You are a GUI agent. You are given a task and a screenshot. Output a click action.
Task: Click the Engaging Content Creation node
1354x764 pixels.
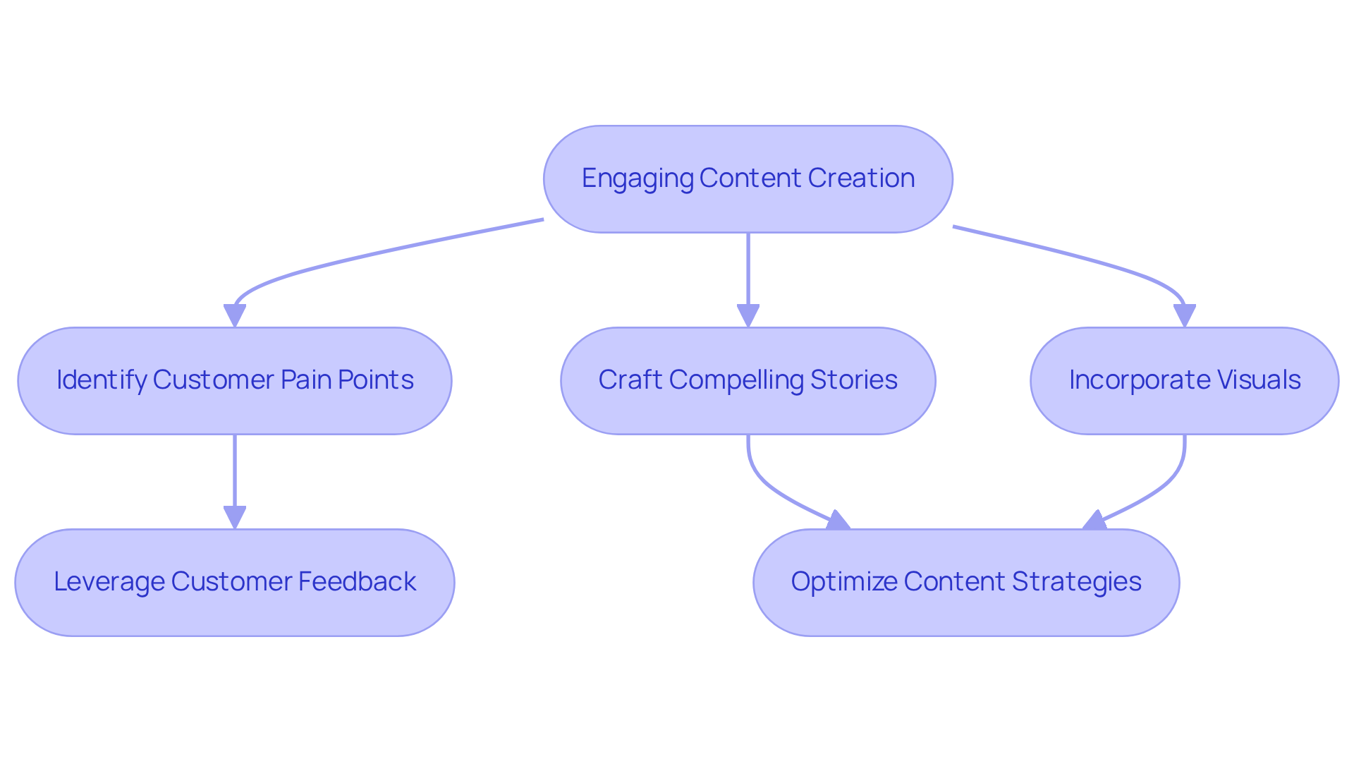point(748,179)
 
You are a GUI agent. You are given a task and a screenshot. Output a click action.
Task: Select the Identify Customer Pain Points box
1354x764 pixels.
point(234,380)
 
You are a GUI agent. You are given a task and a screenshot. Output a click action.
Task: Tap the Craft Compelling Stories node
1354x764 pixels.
point(748,380)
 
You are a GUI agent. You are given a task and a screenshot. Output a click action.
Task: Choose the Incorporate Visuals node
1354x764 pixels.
point(1184,380)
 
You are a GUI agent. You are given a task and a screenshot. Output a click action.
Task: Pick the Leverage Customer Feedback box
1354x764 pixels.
point(234,582)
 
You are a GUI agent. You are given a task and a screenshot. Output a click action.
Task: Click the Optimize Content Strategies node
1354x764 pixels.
point(966,582)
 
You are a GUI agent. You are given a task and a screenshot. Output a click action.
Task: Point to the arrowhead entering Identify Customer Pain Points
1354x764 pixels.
point(234,315)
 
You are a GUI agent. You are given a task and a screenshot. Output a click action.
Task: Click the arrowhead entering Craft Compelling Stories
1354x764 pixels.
point(748,315)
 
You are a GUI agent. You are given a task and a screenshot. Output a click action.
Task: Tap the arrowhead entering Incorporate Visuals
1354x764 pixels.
point(1184,315)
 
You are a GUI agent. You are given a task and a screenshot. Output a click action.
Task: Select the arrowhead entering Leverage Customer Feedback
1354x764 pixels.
point(234,517)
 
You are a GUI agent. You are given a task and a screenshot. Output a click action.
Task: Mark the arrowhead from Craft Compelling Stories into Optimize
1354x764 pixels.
point(838,521)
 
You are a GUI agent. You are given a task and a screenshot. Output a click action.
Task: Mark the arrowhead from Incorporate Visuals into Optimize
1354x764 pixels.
point(1094,521)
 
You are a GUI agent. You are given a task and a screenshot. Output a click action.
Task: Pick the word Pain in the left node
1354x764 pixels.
point(306,380)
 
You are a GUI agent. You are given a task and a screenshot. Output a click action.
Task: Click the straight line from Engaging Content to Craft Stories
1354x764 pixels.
point(748,272)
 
